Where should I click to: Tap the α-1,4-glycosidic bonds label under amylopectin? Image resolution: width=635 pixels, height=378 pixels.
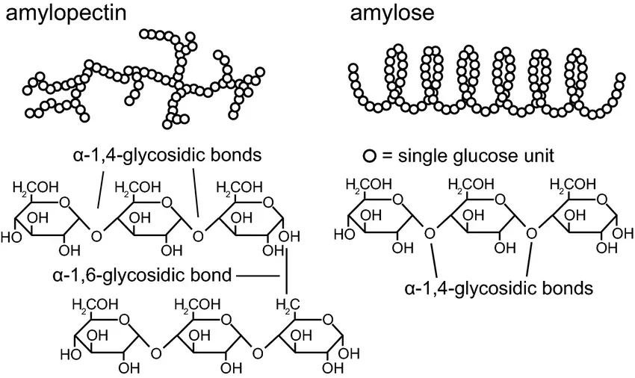click(x=163, y=155)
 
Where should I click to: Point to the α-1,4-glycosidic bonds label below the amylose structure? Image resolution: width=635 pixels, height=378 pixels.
click(x=499, y=286)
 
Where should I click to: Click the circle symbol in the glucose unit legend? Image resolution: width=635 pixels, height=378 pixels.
click(x=369, y=157)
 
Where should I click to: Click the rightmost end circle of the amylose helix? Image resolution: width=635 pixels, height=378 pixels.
click(x=619, y=78)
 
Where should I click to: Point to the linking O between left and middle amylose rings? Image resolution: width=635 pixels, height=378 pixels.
click(x=430, y=233)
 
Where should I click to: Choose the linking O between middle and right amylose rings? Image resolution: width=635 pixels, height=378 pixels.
click(x=531, y=233)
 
